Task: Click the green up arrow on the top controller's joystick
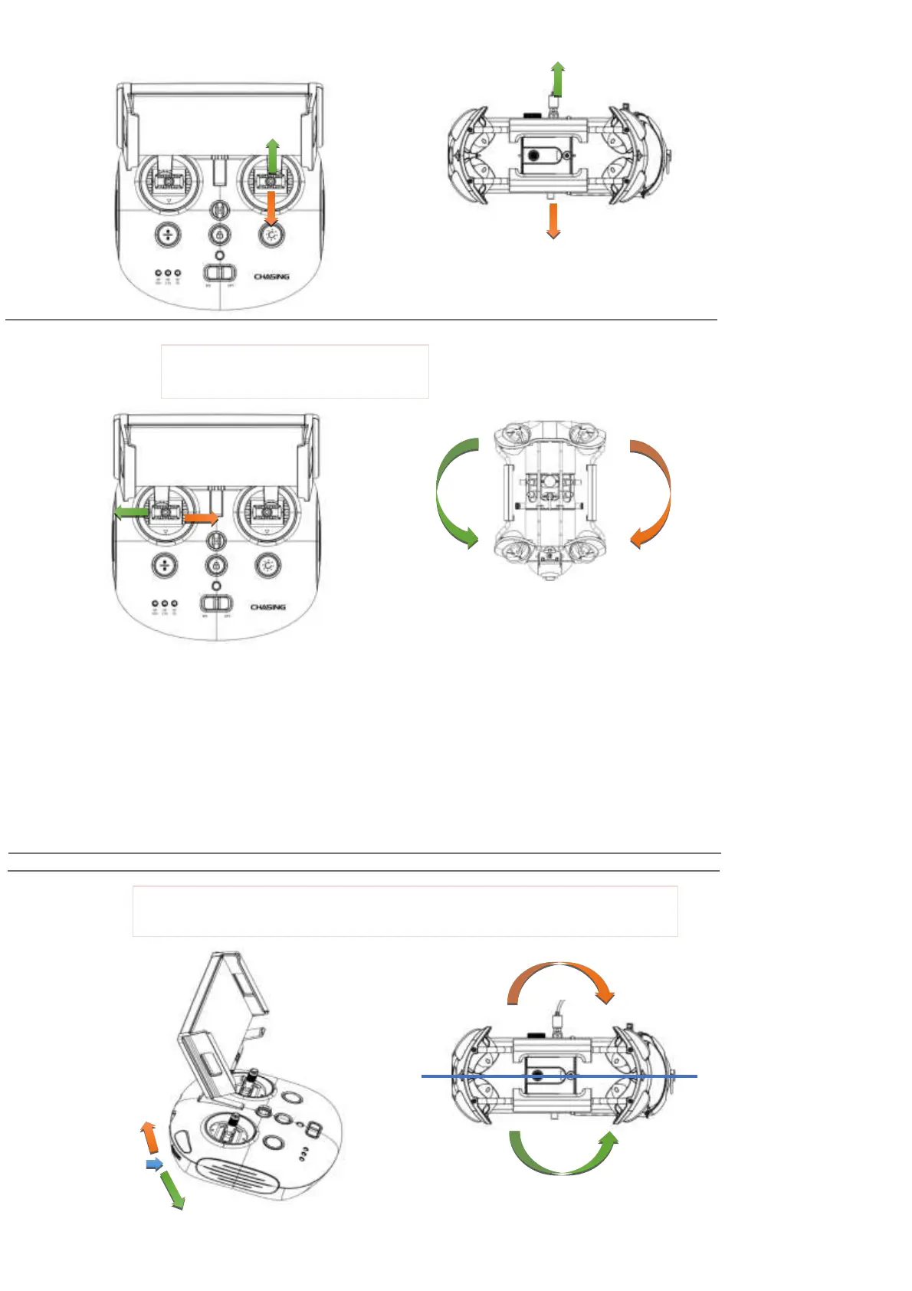[x=272, y=156]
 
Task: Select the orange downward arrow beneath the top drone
[x=553, y=222]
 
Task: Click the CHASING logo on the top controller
[x=271, y=277]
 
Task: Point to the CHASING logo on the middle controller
[x=268, y=607]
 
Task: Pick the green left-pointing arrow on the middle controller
[x=131, y=512]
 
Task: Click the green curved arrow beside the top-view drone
[x=452, y=494]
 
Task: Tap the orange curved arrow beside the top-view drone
[x=655, y=494]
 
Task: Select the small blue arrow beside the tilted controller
[x=154, y=1165]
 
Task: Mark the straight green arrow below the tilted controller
[x=172, y=1190]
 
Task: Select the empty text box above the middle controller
[x=294, y=372]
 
